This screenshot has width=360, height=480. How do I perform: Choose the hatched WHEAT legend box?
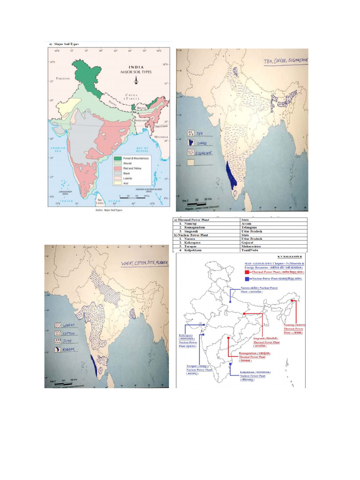point(59,325)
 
